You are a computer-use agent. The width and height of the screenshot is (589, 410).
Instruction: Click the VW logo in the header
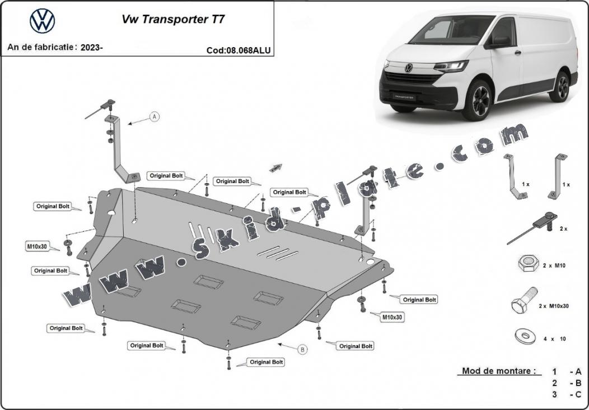click(x=43, y=21)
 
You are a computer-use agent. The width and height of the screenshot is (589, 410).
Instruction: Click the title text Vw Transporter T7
click(x=174, y=19)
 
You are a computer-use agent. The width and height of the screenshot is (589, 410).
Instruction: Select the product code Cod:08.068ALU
click(x=239, y=50)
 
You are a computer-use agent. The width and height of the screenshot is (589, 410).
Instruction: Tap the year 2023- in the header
click(x=91, y=48)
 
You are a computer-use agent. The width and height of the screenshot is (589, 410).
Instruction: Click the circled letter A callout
click(x=155, y=117)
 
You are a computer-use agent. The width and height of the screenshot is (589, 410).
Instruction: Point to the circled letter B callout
click(x=302, y=350)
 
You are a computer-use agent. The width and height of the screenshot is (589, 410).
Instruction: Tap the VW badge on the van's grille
click(x=408, y=68)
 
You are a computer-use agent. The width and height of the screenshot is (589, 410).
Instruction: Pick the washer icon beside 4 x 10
click(x=525, y=336)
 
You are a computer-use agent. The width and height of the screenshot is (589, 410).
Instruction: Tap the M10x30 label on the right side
click(x=392, y=318)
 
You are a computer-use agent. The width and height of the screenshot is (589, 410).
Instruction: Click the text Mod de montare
click(x=498, y=371)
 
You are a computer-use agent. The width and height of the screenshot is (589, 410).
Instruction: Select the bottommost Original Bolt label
click(x=266, y=362)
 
